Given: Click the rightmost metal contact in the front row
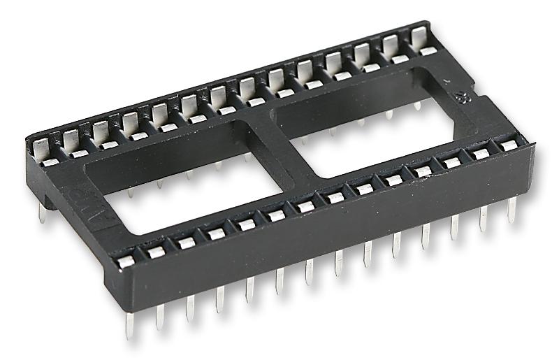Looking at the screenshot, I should coord(509,145).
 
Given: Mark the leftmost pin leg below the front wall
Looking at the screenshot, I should coord(129,322).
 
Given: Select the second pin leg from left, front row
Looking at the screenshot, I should coord(160,314).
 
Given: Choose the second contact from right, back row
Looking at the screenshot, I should coord(390,48).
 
